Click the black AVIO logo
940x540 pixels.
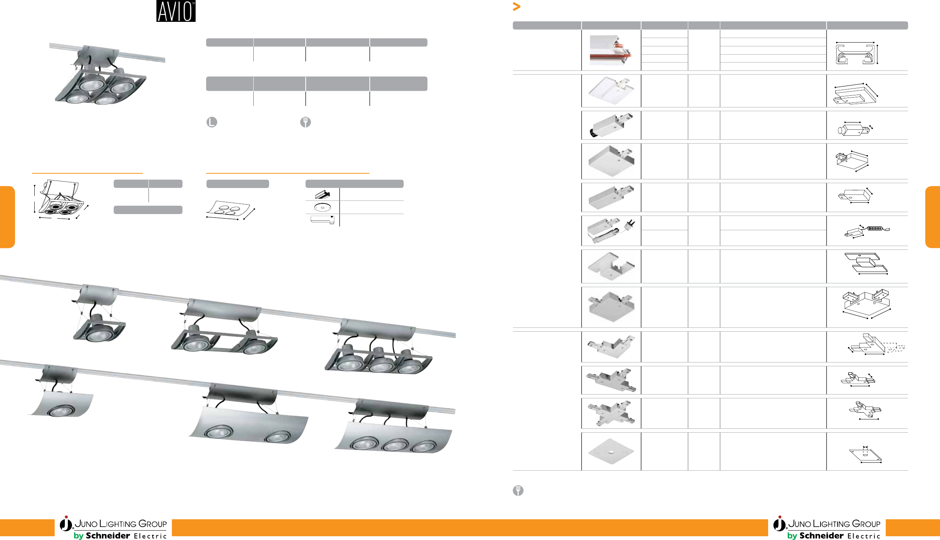click(176, 11)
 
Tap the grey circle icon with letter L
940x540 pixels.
click(212, 122)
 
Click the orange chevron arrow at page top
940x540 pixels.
click(516, 6)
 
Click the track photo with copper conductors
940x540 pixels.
click(611, 50)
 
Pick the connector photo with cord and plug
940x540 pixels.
click(611, 231)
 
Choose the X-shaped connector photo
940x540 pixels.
click(611, 413)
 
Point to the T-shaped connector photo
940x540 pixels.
click(611, 380)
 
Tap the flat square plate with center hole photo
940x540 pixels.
click(611, 451)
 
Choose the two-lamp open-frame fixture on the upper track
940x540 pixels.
click(224, 328)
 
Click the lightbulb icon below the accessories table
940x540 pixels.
click(518, 490)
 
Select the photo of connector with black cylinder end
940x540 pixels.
click(611, 125)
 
